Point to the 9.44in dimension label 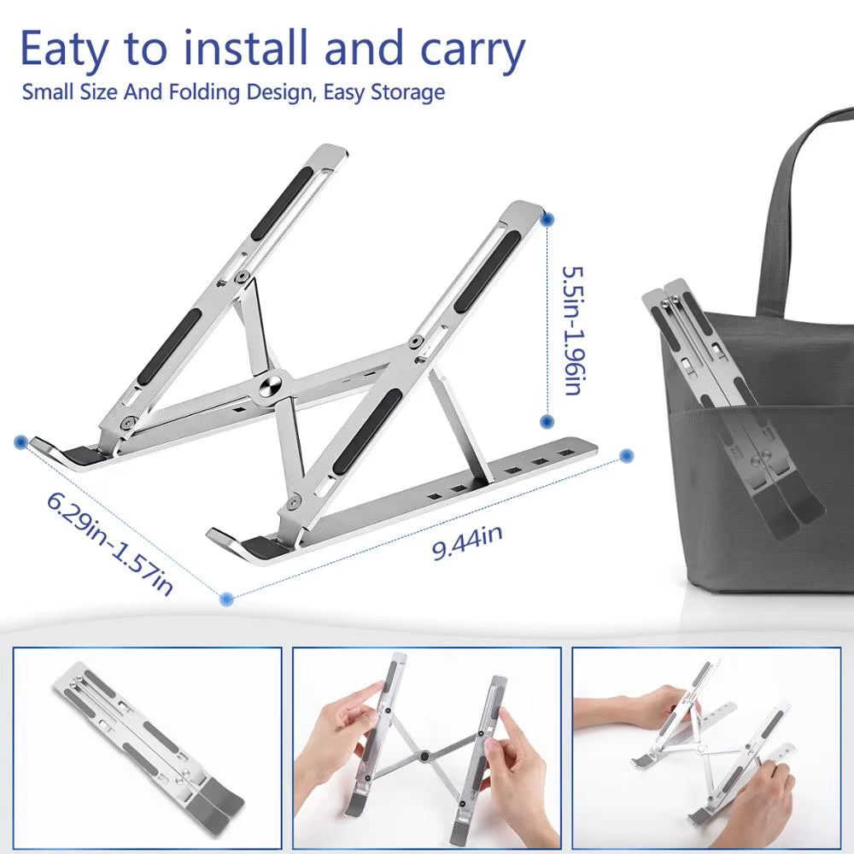467,543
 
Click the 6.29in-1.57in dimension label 111,543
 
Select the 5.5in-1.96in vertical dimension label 570,329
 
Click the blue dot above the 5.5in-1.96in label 547,219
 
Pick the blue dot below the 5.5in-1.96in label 547,421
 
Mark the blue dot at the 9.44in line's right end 627,455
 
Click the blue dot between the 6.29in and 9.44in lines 226,600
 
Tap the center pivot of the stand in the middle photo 424,754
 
